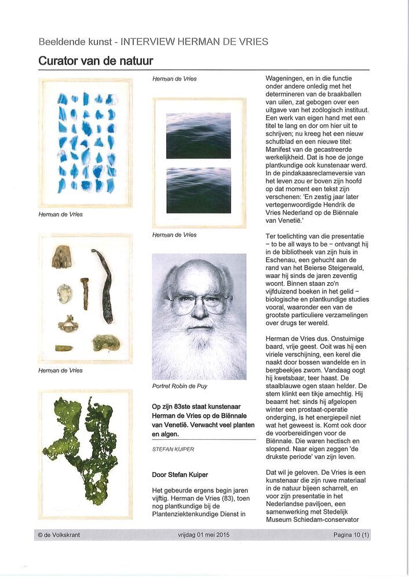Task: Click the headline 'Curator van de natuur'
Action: click(96, 60)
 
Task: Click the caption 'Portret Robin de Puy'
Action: click(180, 386)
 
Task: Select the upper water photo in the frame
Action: click(198, 135)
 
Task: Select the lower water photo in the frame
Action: click(198, 190)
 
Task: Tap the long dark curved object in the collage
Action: click(105, 287)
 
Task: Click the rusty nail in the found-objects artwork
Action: click(85, 292)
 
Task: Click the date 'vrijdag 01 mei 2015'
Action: click(204, 535)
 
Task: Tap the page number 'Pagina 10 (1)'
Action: click(351, 535)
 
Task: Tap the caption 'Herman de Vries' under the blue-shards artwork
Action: click(60, 214)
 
